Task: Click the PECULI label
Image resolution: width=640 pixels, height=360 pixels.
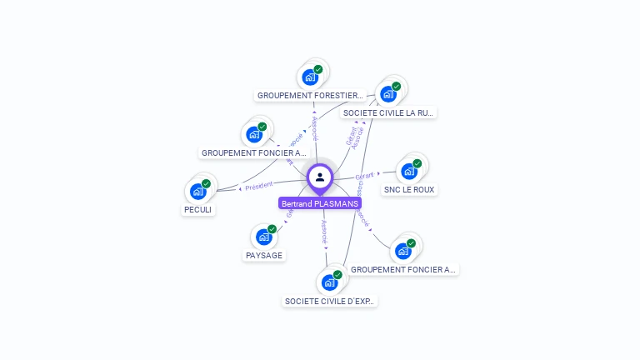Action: point(199,210)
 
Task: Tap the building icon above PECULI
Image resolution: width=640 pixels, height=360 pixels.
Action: point(198,191)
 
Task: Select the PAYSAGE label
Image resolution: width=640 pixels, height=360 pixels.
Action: point(264,255)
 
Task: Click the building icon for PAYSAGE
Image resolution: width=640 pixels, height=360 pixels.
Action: point(264,236)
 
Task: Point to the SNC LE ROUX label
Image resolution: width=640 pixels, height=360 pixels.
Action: point(409,190)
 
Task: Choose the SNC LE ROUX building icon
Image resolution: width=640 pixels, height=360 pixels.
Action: point(408,171)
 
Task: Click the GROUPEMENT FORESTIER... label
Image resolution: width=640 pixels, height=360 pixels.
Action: point(310,96)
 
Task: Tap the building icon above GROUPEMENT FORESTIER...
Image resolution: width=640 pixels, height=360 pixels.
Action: point(310,77)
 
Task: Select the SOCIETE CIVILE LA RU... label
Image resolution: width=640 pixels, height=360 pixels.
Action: point(388,112)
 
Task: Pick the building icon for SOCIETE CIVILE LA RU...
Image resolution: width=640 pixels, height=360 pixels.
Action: point(388,93)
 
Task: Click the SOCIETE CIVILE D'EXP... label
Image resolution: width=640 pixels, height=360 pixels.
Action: point(330,301)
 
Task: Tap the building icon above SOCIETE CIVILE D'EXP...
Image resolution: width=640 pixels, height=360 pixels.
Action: point(329,282)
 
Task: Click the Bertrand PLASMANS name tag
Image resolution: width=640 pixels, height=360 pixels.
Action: point(320,203)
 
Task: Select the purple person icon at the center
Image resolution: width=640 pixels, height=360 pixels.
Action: point(320,177)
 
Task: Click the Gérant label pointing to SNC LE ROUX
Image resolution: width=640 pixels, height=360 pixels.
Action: point(365,176)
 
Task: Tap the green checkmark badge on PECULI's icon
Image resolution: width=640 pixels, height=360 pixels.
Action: point(206,183)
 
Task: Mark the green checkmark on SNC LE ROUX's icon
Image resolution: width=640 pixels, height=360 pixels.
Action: point(417,163)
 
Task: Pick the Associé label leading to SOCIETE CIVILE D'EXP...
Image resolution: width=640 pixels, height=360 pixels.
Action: point(325,231)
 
